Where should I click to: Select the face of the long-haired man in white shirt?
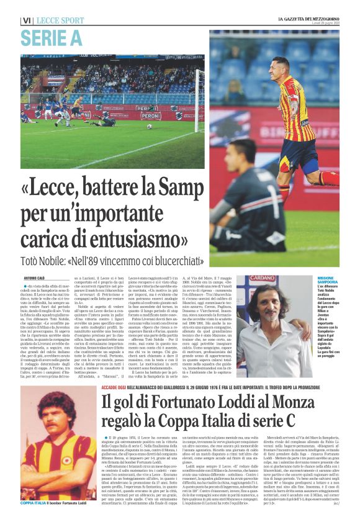274,305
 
